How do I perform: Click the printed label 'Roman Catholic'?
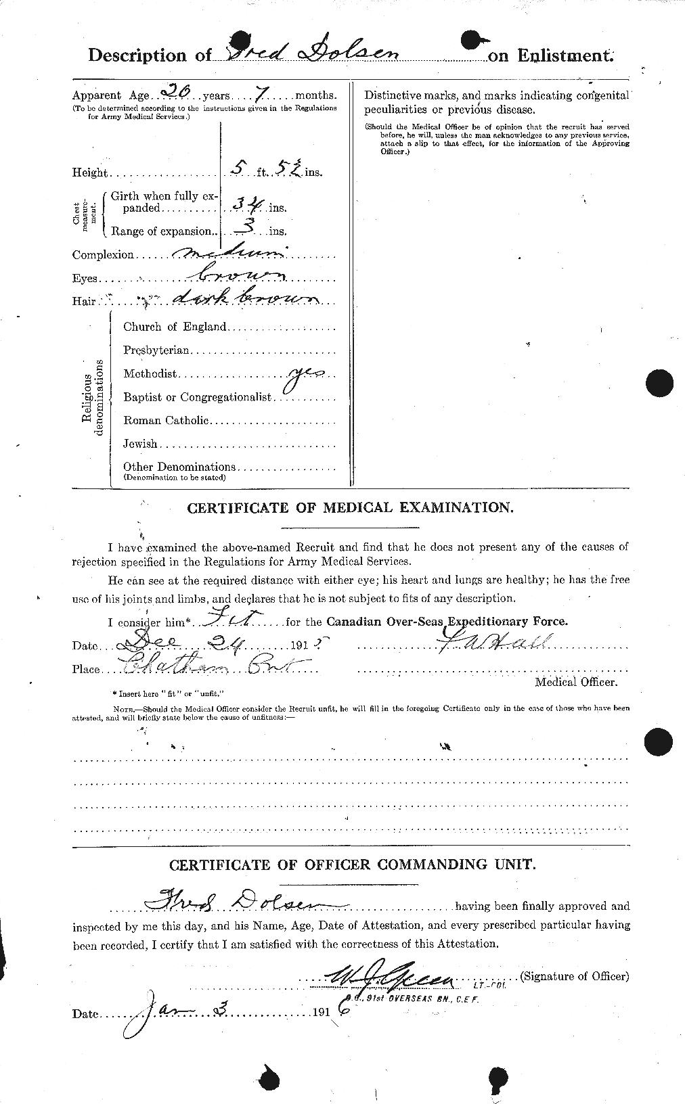point(166,421)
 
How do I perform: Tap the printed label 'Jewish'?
point(140,444)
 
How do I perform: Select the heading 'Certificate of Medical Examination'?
point(349,507)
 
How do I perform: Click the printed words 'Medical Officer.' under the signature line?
point(576,683)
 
